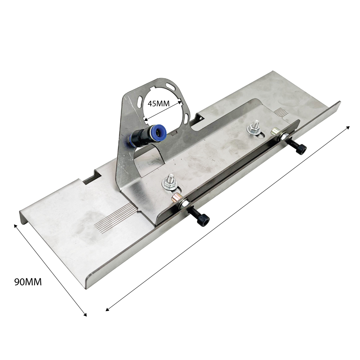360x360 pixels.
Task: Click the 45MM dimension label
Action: click(159, 104)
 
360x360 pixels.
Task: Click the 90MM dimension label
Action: click(28, 282)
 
